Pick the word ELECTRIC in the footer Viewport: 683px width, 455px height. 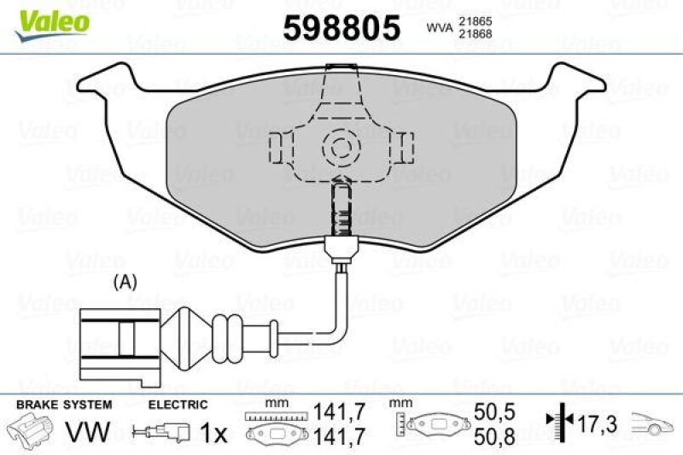coord(178,405)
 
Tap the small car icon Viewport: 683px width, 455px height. coord(653,422)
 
